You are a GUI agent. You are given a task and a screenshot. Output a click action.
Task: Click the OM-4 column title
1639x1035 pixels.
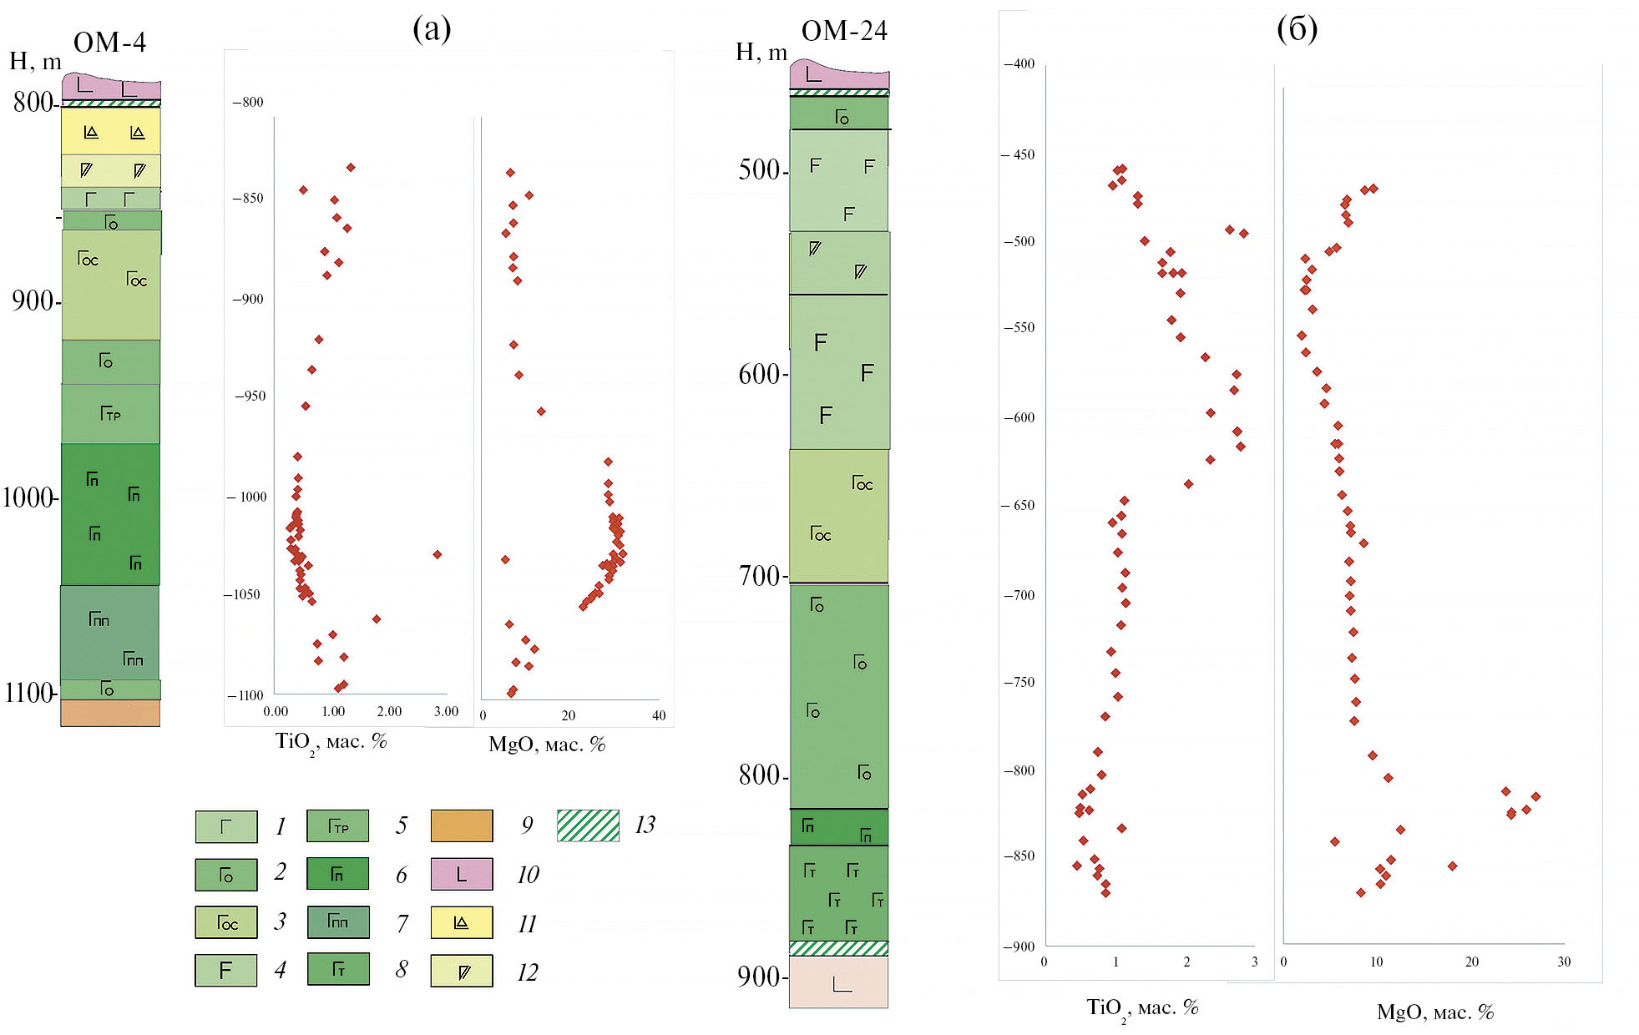click(x=109, y=43)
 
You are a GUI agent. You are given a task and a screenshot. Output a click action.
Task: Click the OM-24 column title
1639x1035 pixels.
click(x=843, y=32)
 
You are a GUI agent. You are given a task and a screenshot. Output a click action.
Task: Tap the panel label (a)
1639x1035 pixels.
click(x=432, y=29)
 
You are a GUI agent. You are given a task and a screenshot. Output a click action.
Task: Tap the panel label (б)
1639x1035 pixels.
click(x=1297, y=29)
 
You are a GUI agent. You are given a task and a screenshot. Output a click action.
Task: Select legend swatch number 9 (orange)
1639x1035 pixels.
click(x=462, y=825)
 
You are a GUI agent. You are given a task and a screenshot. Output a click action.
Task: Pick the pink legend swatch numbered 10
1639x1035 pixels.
click(x=462, y=874)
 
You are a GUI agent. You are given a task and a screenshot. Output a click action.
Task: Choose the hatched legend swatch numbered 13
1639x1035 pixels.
click(x=588, y=825)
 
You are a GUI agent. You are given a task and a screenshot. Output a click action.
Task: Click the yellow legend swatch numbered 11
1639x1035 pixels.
click(x=462, y=922)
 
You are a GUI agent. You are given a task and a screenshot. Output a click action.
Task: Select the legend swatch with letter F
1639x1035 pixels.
click(x=226, y=971)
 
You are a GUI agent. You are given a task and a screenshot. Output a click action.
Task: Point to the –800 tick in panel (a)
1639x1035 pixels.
click(x=248, y=103)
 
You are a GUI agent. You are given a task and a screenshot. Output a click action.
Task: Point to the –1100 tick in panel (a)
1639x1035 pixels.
click(x=246, y=695)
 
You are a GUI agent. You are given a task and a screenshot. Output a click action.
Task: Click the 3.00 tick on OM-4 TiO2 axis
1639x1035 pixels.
click(x=446, y=712)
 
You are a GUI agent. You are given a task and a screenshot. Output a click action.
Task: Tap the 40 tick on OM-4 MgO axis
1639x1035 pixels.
click(x=659, y=715)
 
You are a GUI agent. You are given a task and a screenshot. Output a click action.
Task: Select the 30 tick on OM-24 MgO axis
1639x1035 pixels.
click(x=1564, y=962)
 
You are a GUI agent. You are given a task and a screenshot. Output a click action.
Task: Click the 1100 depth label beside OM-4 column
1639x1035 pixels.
click(x=29, y=693)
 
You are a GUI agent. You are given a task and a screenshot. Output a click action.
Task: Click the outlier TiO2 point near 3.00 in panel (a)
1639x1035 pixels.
click(x=437, y=554)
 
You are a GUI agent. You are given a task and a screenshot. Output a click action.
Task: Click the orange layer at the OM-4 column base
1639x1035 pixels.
click(x=110, y=713)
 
